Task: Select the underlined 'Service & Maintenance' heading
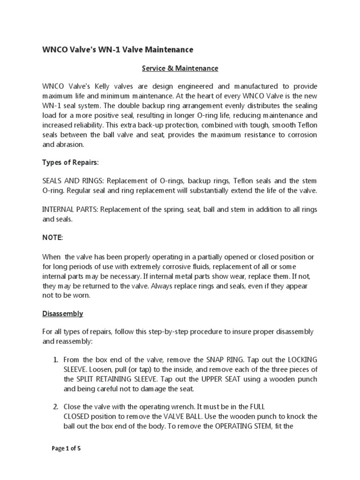[x=180, y=68]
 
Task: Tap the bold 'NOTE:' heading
[x=52, y=238]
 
